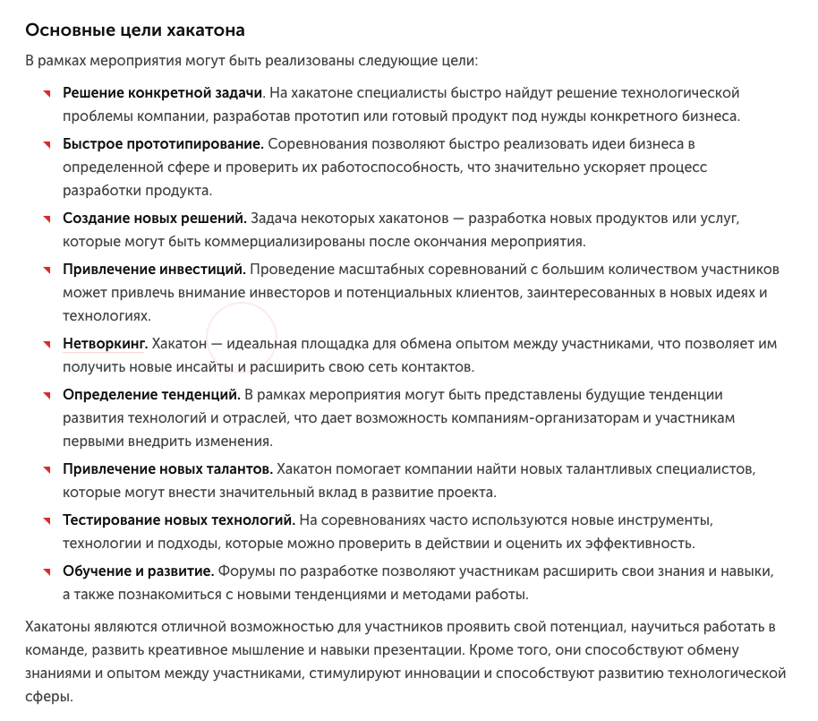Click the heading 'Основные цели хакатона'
(135, 30)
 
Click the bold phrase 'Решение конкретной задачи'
(162, 92)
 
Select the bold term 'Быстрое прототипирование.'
(163, 143)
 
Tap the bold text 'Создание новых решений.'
(154, 218)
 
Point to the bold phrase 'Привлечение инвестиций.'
(154, 269)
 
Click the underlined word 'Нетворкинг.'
(105, 343)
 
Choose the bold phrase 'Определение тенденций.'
(151, 394)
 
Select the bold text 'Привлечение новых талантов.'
(167, 468)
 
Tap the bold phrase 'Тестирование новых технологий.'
(178, 519)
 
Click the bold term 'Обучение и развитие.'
(138, 571)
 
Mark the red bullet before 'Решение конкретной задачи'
(46, 94)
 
